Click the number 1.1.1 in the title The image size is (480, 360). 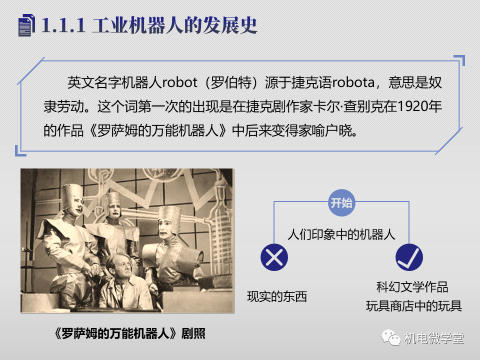(x=63, y=25)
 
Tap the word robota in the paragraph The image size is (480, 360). (x=353, y=82)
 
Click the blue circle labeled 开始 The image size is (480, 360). (x=341, y=202)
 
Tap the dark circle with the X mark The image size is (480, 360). (x=274, y=257)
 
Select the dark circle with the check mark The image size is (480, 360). (x=409, y=257)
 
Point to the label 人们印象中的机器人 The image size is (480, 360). (x=341, y=234)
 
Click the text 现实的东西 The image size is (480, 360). (x=277, y=296)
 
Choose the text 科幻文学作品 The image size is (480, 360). (x=412, y=287)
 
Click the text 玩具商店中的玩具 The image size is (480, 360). (x=414, y=306)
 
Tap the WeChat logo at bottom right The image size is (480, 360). (x=391, y=337)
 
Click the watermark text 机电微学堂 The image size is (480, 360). (x=434, y=338)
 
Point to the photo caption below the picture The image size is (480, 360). (x=129, y=333)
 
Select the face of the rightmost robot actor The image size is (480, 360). (x=165, y=228)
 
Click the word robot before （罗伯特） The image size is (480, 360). (x=179, y=82)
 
